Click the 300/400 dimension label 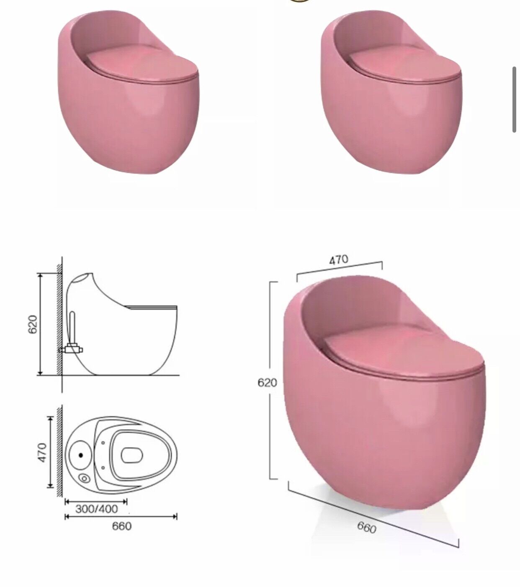click(x=97, y=509)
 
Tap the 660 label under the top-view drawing click(x=122, y=526)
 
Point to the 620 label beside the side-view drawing click(x=33, y=325)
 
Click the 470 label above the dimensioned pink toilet click(x=338, y=259)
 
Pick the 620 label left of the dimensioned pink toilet click(x=267, y=383)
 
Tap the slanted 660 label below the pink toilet click(x=367, y=527)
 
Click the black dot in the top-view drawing click(x=81, y=455)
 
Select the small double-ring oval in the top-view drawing click(x=84, y=478)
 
